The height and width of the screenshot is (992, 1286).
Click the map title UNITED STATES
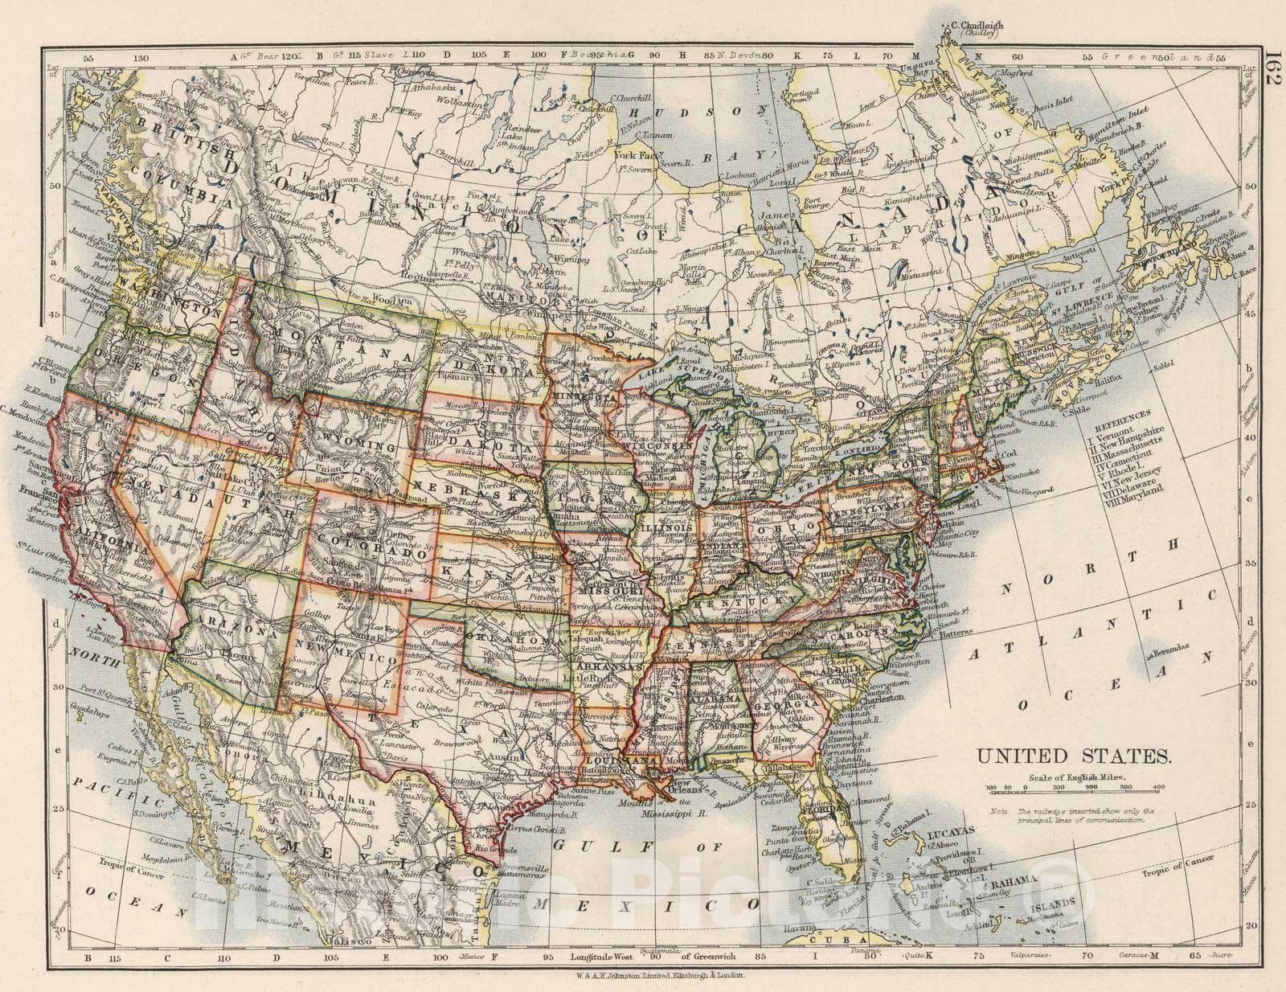click(1073, 756)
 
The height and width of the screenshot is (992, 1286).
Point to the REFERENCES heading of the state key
click(1113, 420)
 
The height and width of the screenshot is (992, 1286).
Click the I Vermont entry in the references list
click(1113, 431)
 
